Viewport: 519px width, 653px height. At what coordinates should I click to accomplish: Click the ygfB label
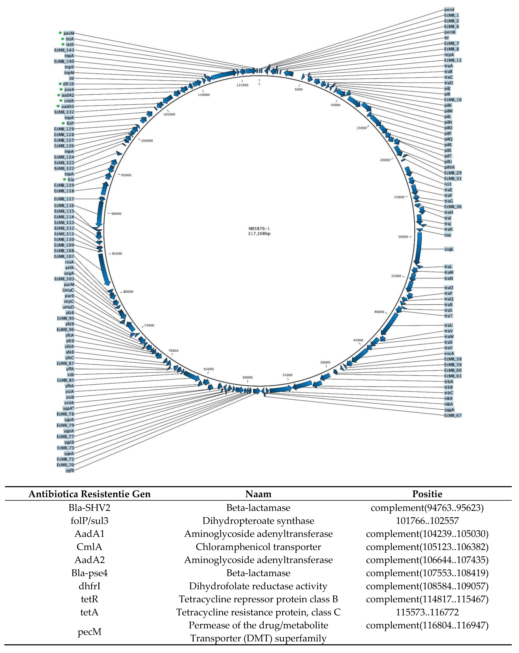click(70, 470)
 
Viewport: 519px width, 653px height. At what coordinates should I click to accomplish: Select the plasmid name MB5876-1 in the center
click(259, 229)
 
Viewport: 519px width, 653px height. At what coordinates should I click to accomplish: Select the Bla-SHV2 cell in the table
click(89, 508)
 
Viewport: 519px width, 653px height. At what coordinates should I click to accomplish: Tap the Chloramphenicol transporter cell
click(258, 547)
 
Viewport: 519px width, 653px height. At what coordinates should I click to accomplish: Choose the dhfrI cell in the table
click(89, 586)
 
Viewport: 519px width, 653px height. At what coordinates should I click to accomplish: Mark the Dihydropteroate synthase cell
click(258, 521)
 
